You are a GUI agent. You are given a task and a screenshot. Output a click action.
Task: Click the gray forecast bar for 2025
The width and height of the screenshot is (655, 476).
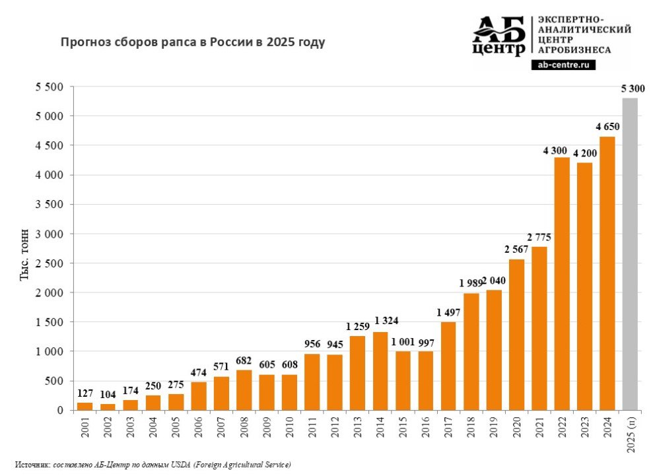[x=629, y=254]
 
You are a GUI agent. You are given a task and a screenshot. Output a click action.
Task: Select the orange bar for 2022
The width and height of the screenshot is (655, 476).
[x=561, y=284]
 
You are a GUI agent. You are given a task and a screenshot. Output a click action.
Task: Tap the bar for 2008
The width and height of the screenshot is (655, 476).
[x=244, y=390]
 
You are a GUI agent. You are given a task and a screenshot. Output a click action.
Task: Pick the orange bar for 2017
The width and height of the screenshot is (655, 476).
[x=448, y=366]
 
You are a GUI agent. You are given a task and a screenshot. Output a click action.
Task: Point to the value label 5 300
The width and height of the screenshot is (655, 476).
[x=633, y=88]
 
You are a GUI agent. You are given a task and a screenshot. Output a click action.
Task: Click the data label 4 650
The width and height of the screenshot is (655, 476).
[x=606, y=126]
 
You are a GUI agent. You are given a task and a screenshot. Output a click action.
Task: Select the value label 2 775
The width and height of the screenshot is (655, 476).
[x=538, y=236]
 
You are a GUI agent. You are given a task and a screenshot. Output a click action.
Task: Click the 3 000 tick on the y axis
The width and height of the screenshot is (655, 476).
[x=50, y=234]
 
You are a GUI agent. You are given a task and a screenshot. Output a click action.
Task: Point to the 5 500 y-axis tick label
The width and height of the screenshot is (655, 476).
[x=50, y=86]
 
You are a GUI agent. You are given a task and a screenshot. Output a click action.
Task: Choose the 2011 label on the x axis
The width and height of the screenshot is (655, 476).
[x=312, y=428]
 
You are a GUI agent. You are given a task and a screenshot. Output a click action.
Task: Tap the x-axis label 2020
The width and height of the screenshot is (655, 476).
[x=516, y=428]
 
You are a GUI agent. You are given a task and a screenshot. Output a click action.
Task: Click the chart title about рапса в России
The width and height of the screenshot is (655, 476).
[x=193, y=43]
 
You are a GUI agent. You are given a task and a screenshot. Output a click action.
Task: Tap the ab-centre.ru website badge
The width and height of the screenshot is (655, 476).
[x=563, y=65]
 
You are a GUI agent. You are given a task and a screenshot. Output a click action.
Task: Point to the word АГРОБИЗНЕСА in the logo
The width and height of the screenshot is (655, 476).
[x=574, y=50]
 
